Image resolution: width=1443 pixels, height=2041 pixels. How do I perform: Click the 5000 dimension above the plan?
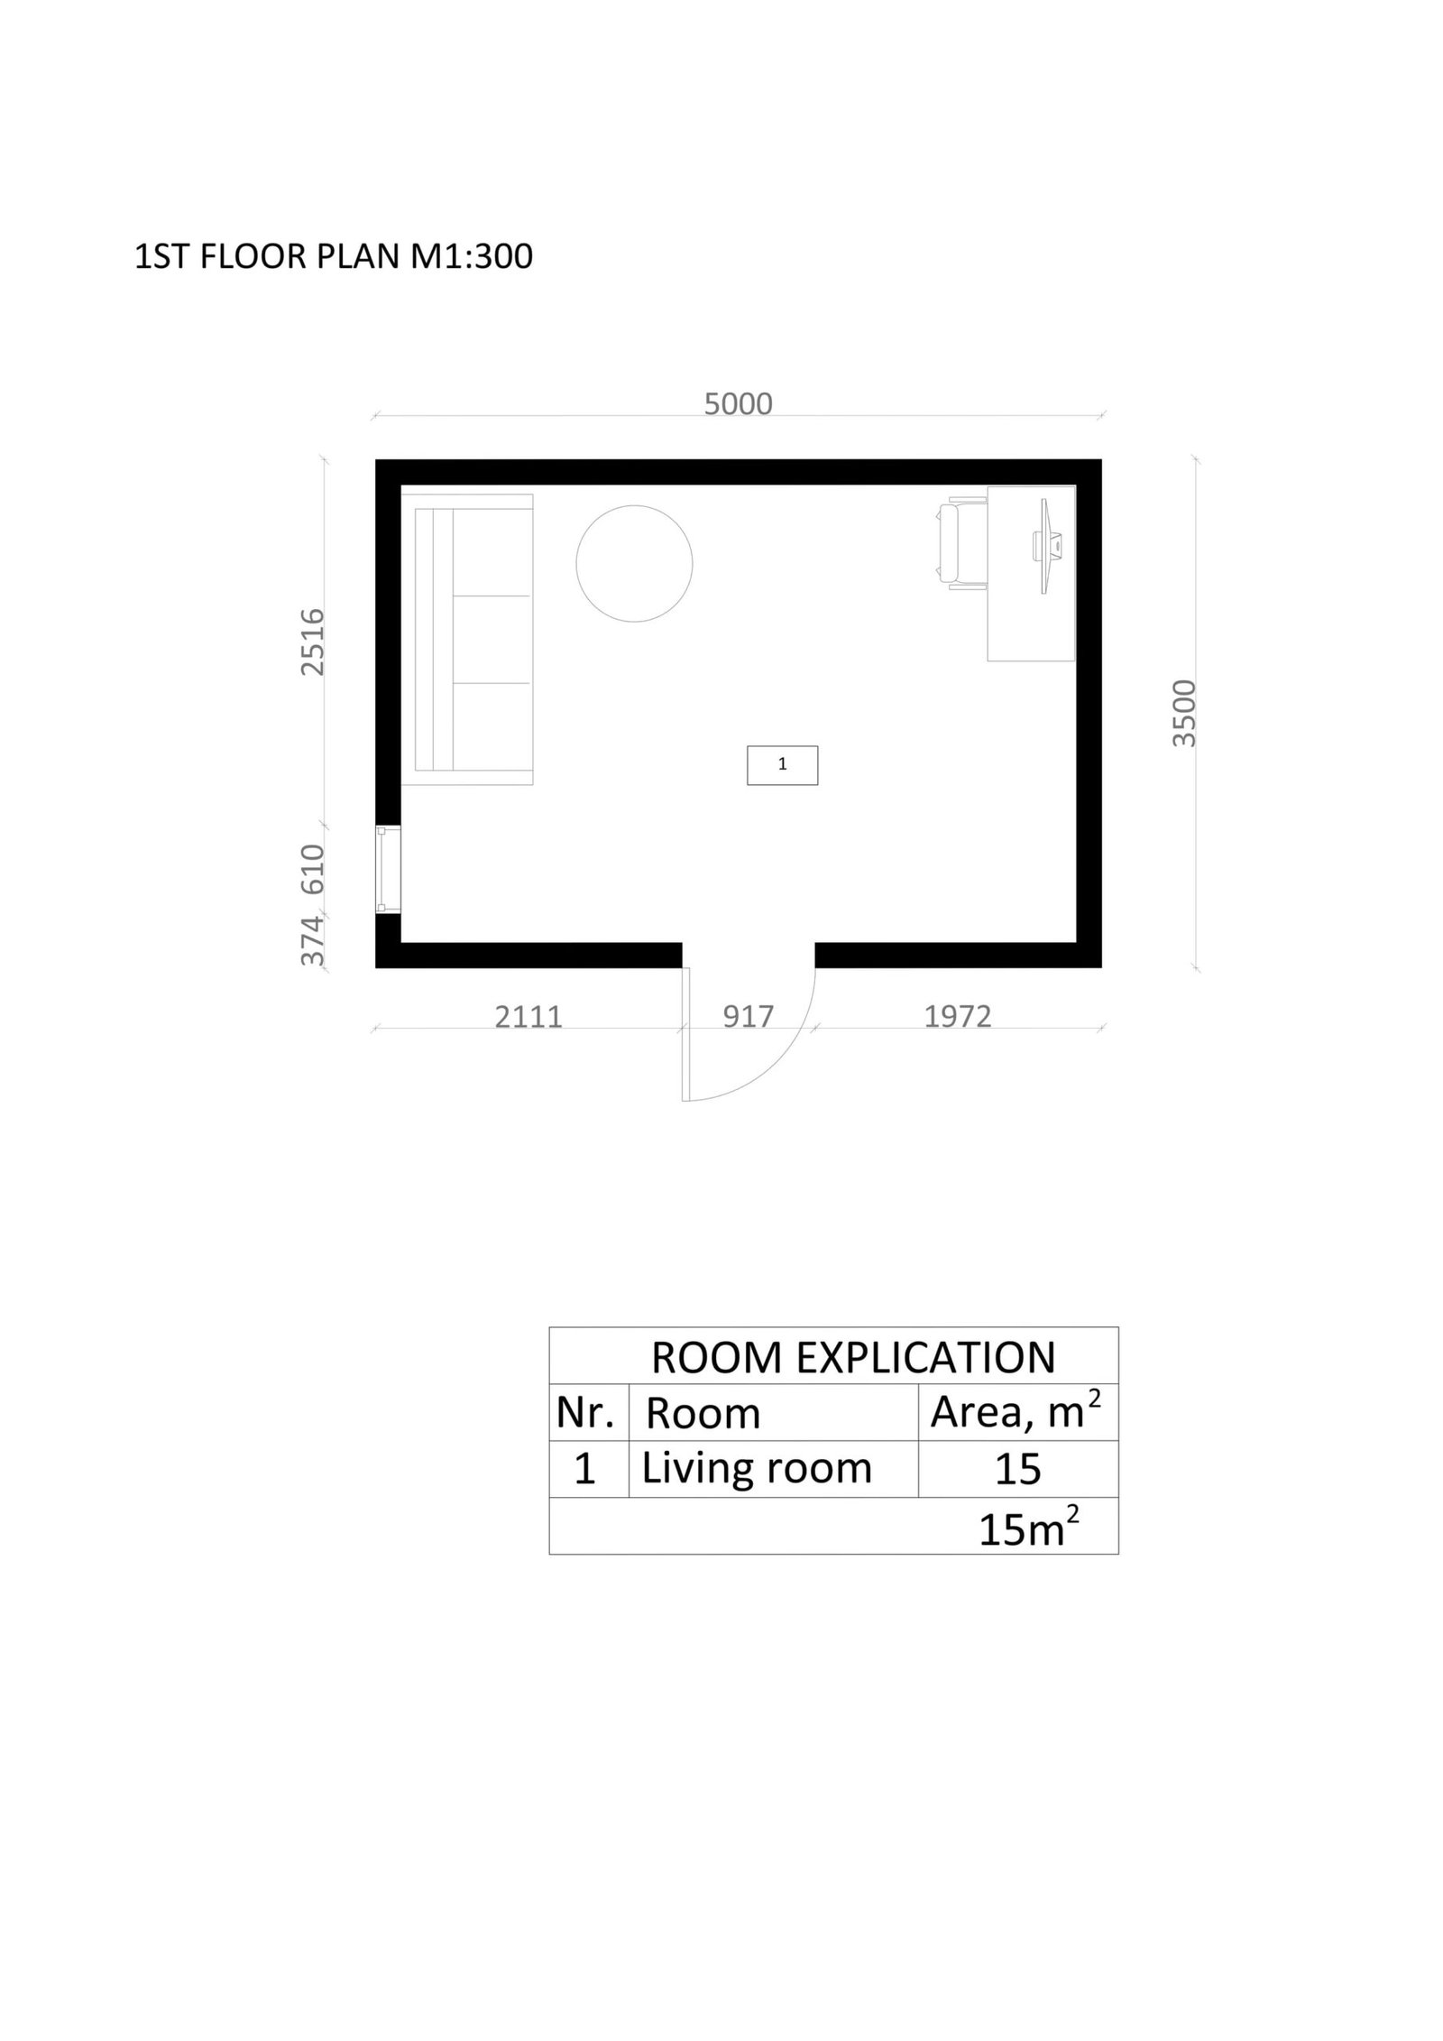tap(738, 403)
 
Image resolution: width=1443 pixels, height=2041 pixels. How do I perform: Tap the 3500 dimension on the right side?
tap(1183, 713)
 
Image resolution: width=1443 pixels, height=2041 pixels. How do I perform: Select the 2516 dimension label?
tap(312, 642)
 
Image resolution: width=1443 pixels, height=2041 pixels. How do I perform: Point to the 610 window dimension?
tap(312, 868)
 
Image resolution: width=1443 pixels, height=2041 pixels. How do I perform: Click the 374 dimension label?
tap(312, 940)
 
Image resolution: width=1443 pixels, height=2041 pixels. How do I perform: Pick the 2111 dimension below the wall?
tap(528, 1017)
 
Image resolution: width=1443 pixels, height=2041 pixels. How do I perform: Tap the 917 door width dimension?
tap(749, 1017)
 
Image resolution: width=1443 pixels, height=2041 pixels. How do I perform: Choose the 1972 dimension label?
tap(958, 1017)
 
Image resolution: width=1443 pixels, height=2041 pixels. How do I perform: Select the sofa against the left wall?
tap(467, 639)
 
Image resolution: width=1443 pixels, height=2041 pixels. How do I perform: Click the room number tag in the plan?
tap(782, 765)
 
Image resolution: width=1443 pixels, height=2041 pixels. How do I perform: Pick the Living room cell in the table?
tap(757, 1469)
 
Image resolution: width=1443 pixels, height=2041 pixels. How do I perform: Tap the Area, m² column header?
tap(1016, 1412)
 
